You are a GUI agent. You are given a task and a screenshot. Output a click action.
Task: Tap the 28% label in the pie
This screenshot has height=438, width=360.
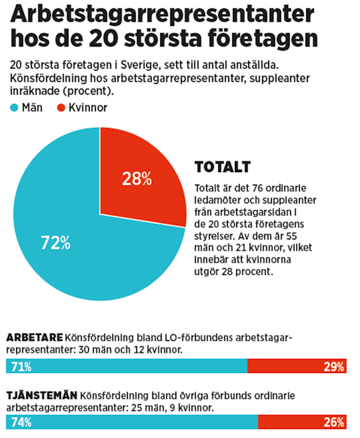click(136, 179)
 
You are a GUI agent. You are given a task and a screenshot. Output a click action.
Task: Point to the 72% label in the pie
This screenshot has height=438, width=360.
click(56, 243)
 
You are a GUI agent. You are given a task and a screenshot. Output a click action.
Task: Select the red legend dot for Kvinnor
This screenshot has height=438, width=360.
click(61, 108)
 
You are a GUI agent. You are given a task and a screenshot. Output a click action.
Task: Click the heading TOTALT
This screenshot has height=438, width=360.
click(222, 168)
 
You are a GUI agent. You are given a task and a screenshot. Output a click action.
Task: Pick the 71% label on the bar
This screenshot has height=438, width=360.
click(20, 366)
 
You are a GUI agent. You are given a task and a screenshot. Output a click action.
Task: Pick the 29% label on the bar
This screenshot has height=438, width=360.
click(333, 366)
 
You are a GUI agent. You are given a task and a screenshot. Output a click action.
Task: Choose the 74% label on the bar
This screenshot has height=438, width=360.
click(20, 423)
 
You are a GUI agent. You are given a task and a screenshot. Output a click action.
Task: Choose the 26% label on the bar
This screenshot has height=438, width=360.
click(333, 423)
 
